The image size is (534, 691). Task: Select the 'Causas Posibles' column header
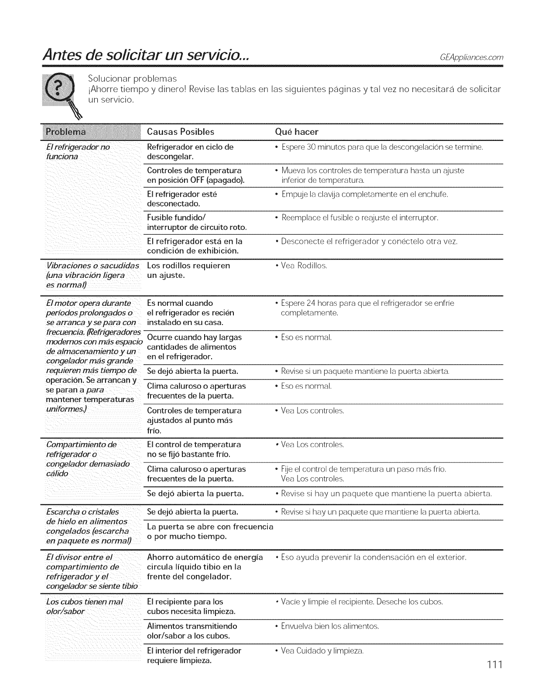[181, 132]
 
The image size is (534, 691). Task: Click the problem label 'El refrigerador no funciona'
[78, 152]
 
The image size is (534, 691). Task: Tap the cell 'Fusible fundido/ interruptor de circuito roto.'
[197, 222]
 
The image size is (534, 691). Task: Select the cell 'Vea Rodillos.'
[304, 266]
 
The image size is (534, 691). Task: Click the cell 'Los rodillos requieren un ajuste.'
[188, 270]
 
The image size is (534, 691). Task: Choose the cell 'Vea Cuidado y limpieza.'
[322, 651]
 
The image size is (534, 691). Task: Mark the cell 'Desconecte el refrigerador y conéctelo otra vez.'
[369, 241]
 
